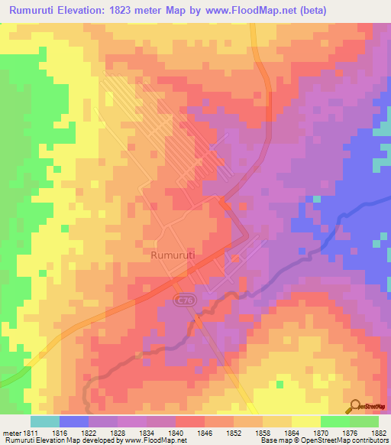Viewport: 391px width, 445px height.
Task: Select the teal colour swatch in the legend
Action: tap(45, 421)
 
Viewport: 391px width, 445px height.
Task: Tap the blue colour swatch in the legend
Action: tap(74, 421)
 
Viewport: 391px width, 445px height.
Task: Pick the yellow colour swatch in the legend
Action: tap(306, 421)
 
